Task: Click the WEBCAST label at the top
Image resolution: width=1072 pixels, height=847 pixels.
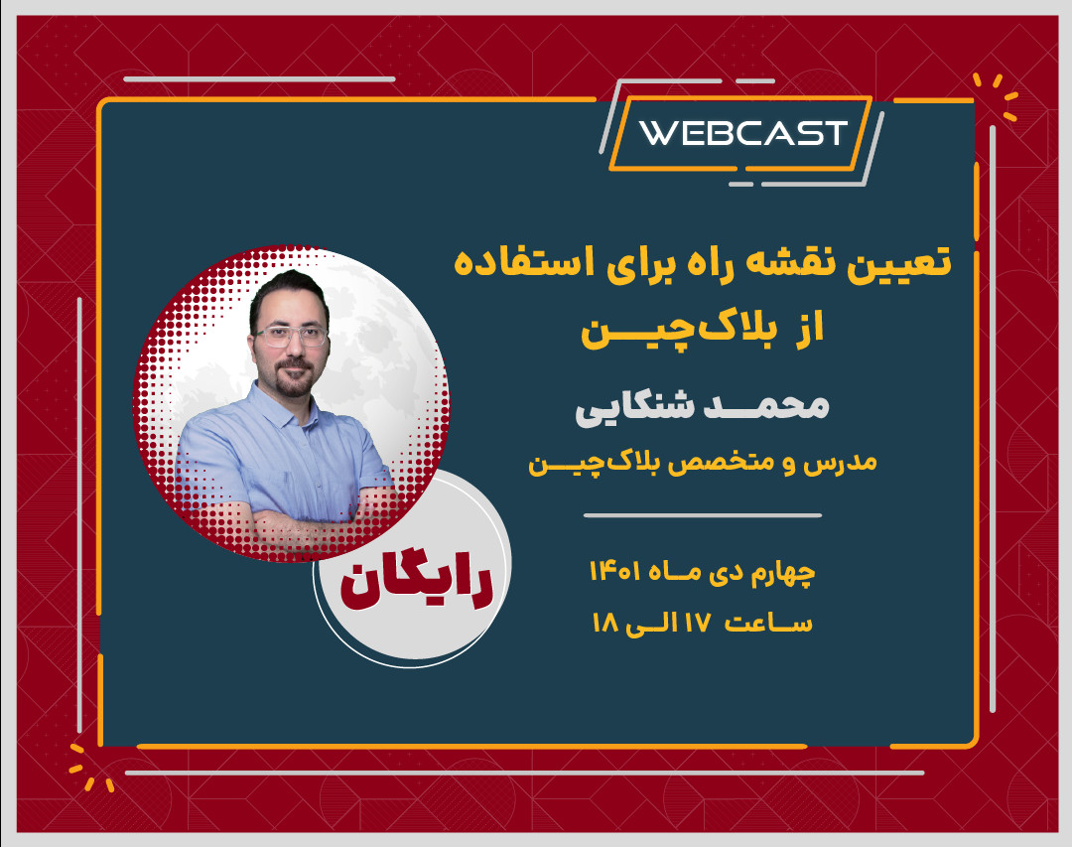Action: tap(742, 133)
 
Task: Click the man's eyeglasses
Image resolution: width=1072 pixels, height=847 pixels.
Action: tap(291, 337)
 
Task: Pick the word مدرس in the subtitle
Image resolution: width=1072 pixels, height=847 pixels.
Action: tap(845, 464)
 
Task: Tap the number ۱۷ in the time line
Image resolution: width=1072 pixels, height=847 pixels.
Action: tap(691, 623)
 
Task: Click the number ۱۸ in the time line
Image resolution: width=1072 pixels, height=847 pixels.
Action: tap(605, 623)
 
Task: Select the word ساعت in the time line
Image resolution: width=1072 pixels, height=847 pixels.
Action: tap(768, 623)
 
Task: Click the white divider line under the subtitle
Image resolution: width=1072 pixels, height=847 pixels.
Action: tap(702, 515)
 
